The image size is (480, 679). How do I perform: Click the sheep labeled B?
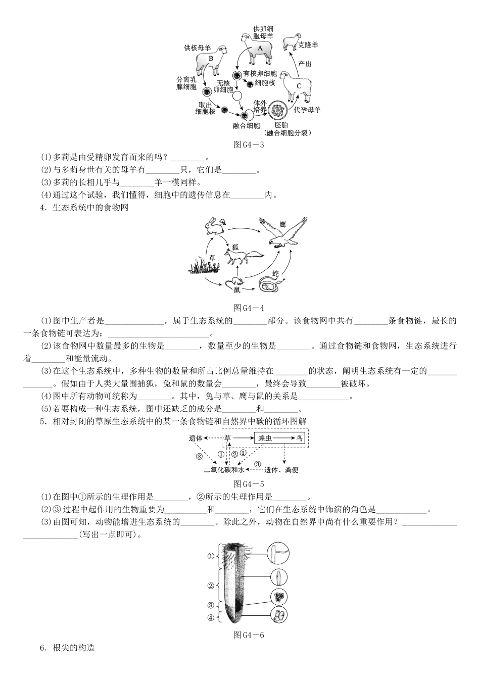pos(211,59)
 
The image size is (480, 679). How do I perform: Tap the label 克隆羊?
pos(308,45)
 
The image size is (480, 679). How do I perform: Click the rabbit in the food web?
pos(214,226)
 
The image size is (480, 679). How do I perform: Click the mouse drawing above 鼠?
pos(236,281)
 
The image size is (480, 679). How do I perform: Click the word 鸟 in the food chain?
pos(300,439)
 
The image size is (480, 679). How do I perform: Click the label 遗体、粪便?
pos(281,470)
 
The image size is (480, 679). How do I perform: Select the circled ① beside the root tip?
pos(211,556)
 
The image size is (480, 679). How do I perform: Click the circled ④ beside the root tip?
pos(211,617)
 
